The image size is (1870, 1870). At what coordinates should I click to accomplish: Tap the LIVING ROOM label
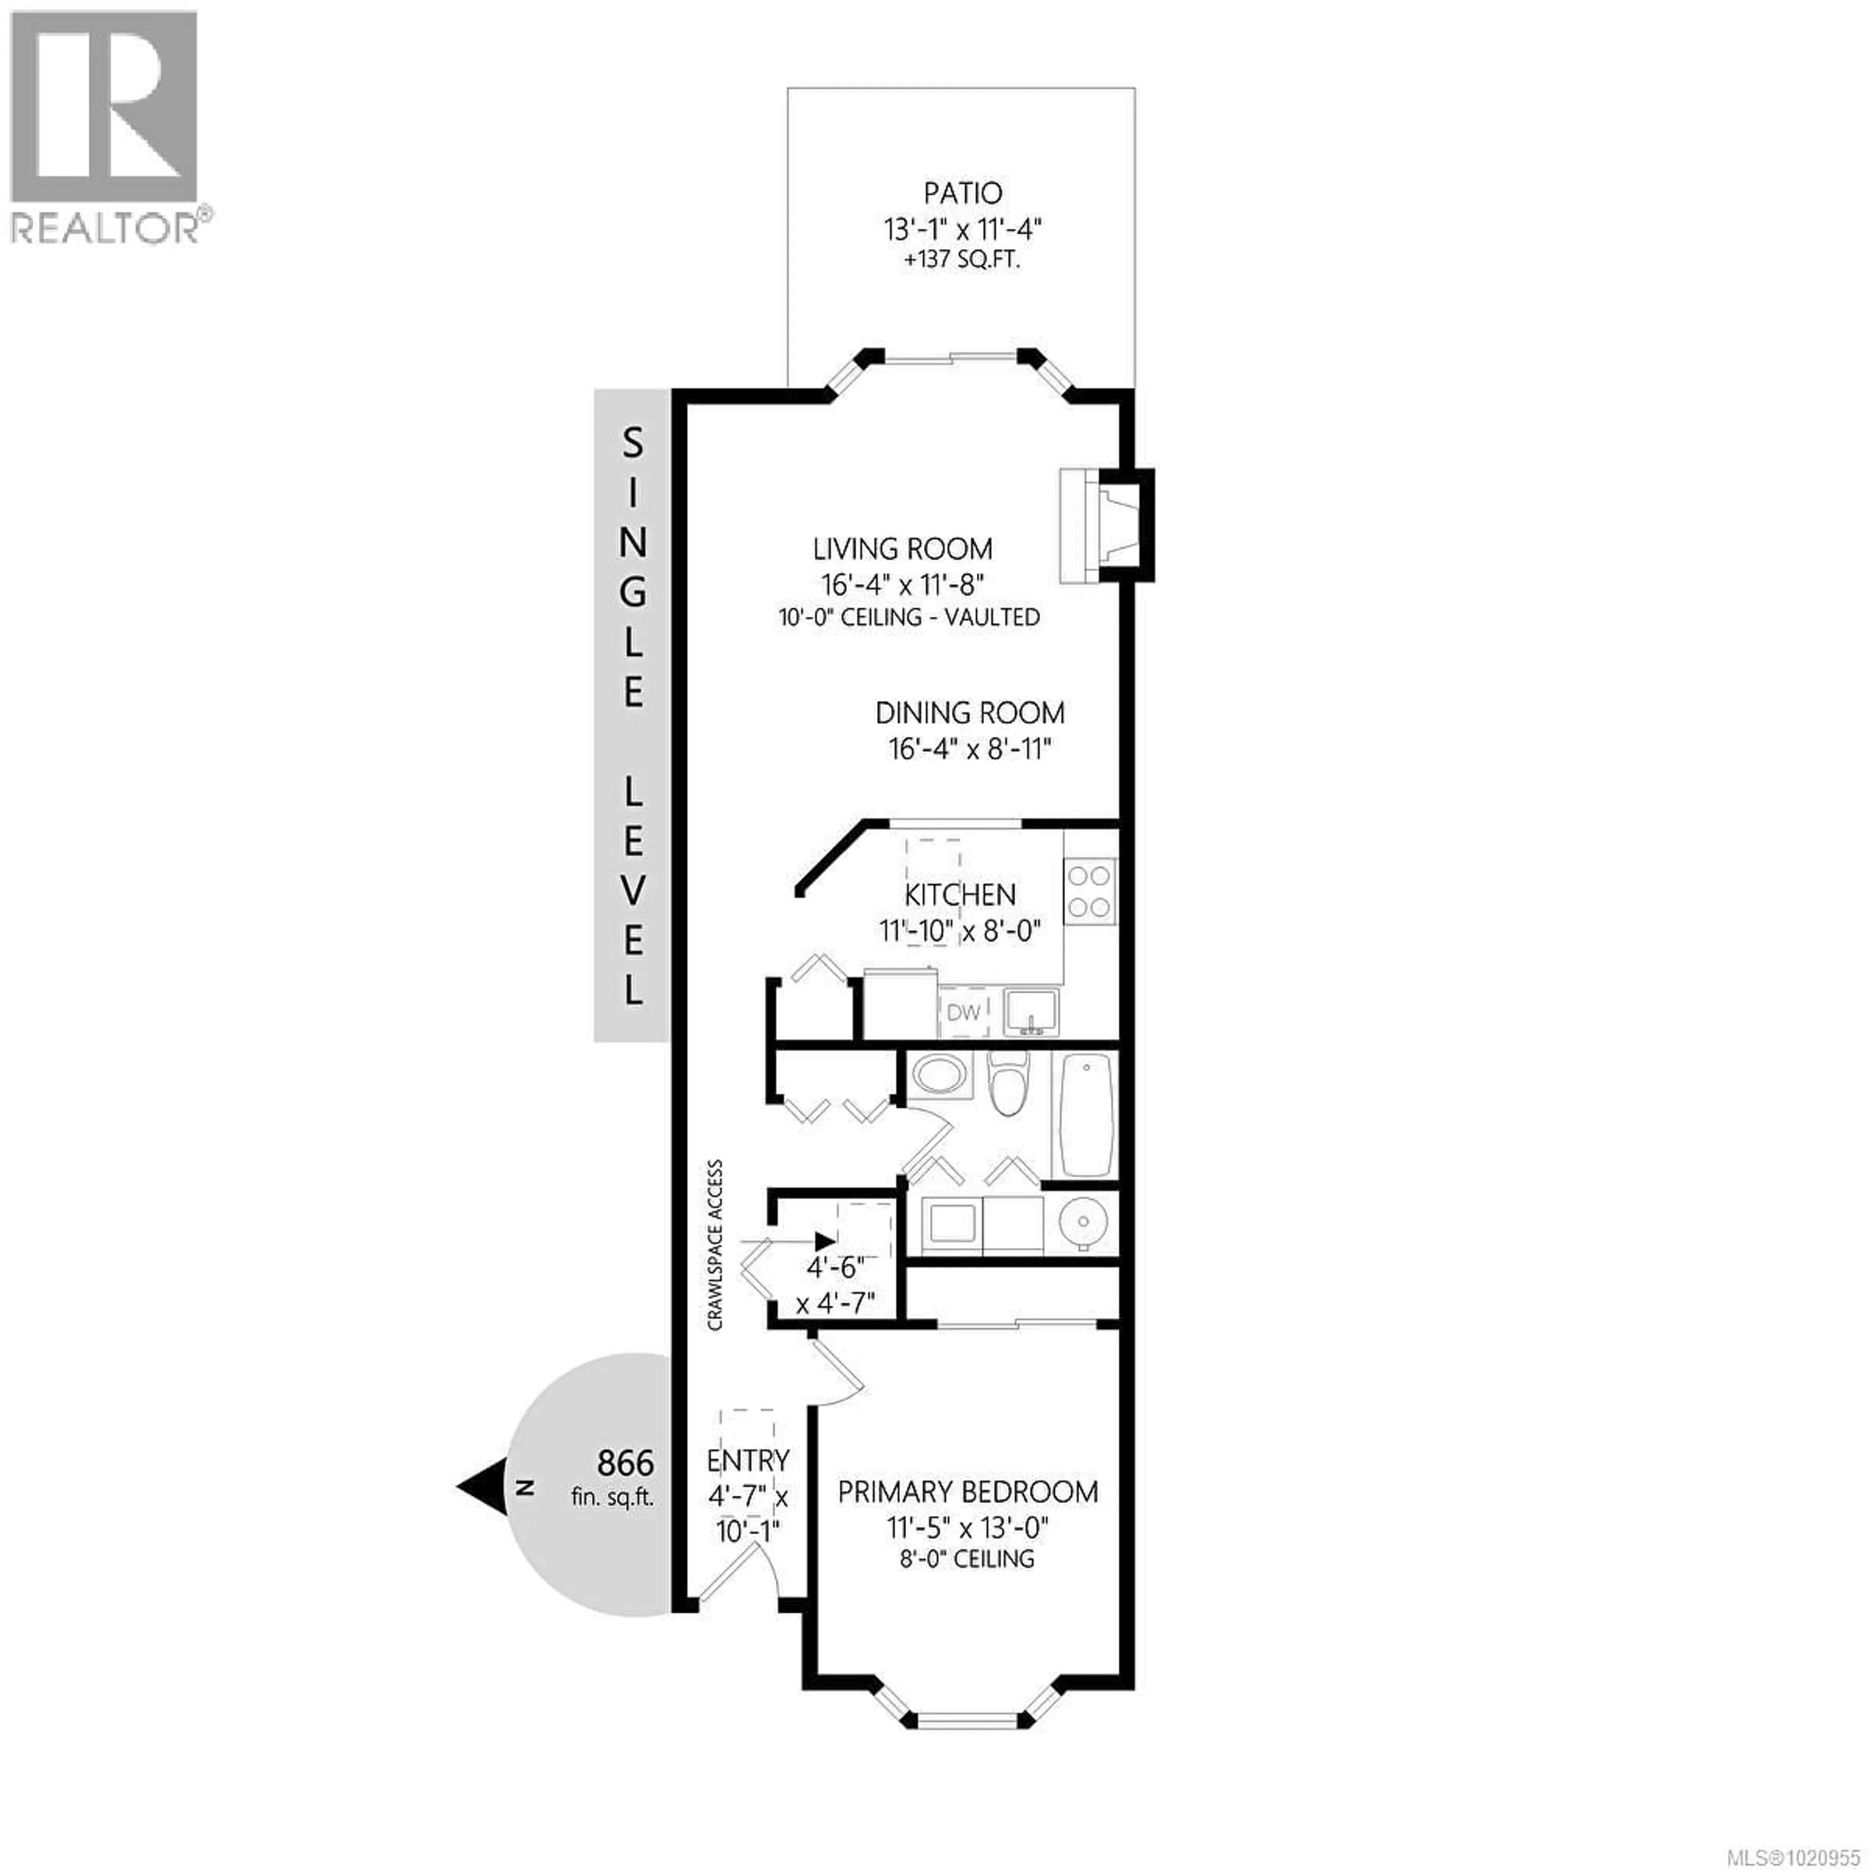[x=902, y=549]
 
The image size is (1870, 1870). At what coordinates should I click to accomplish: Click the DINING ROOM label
[x=970, y=713]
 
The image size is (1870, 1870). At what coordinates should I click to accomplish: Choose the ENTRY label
[x=747, y=1459]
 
